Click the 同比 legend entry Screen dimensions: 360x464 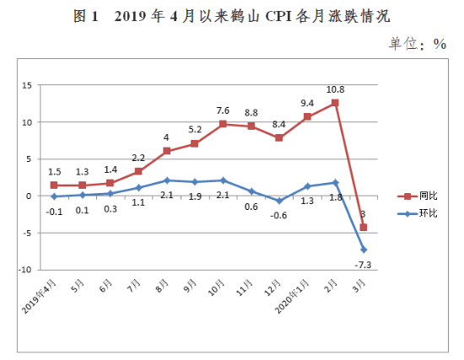point(418,196)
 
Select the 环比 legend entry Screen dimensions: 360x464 point(418,213)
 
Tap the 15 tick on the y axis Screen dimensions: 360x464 point(26,85)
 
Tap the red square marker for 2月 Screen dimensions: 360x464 point(336,103)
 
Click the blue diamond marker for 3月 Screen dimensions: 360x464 point(364,250)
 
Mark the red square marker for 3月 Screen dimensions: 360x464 point(364,227)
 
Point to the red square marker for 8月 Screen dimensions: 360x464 point(167,151)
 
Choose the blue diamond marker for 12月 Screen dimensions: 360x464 point(279,201)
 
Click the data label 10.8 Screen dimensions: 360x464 point(336,88)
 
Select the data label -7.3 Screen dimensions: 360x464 point(364,264)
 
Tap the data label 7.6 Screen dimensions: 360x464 point(223,110)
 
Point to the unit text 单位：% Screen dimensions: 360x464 point(417,44)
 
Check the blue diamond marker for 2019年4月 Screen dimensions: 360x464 point(54,196)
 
